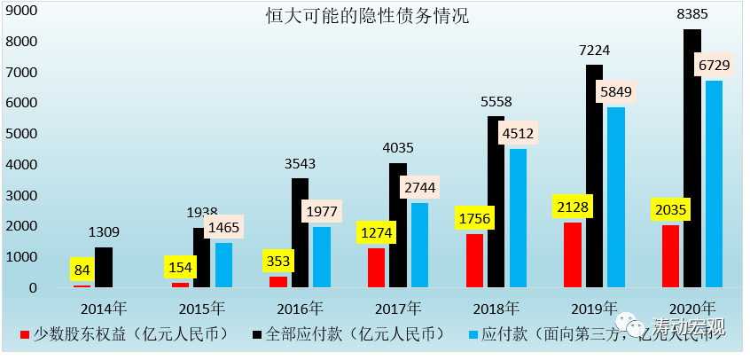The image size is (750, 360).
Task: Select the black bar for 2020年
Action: point(692,160)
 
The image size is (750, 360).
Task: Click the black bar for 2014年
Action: point(104,268)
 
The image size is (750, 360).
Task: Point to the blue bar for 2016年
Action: point(323,257)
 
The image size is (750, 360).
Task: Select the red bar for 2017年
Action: point(377,268)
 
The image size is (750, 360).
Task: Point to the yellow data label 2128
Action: point(573,207)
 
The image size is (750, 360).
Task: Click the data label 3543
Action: point(300,163)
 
